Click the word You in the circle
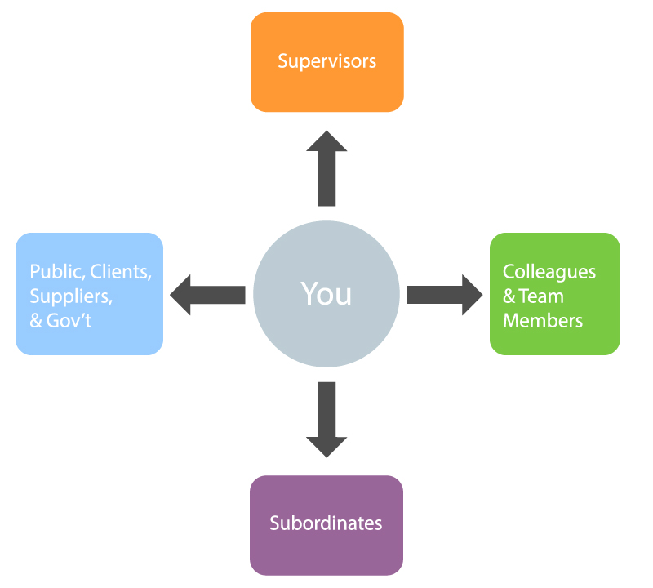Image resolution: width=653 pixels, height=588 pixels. pos(326,293)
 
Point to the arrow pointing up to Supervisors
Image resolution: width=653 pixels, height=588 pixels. pos(326,167)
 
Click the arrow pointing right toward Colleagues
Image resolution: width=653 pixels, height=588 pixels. pos(445,294)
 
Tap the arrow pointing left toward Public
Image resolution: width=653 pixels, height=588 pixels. pos(207,294)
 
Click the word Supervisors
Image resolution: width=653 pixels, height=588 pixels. pos(326,61)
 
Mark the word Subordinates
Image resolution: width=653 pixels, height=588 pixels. pos(326,523)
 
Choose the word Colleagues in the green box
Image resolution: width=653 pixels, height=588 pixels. pos(549,272)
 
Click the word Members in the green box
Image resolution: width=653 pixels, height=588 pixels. pos(543,320)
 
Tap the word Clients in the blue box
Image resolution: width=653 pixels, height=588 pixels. pos(122,272)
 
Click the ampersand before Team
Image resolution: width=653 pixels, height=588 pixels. pos(509,296)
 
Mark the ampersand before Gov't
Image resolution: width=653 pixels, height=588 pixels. pos(36,320)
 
